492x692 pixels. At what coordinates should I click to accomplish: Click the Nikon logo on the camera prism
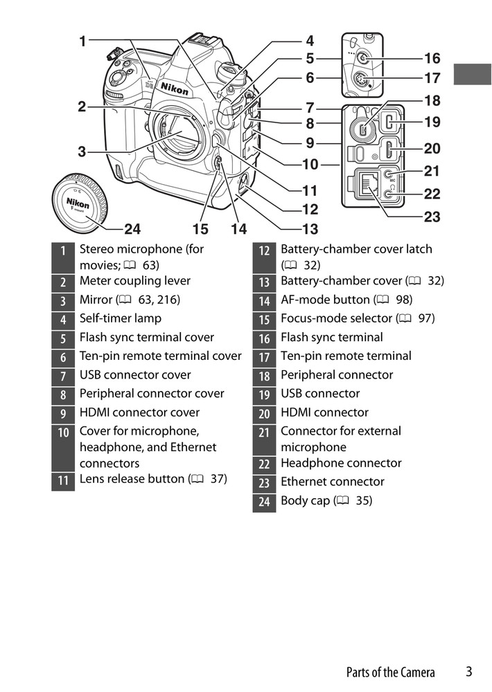(x=173, y=87)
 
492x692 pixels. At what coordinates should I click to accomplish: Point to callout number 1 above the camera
(x=82, y=41)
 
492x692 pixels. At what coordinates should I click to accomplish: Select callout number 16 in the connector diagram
(x=432, y=58)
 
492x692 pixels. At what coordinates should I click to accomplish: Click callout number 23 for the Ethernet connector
(x=432, y=217)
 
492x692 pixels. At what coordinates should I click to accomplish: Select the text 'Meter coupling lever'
(x=134, y=281)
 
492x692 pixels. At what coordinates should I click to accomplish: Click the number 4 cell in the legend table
(x=63, y=319)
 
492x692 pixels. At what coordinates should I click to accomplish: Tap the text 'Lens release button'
(x=132, y=479)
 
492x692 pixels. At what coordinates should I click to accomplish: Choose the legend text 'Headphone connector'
(x=340, y=463)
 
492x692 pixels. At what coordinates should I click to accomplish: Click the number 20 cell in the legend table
(x=264, y=413)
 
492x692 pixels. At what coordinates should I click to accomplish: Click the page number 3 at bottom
(x=469, y=671)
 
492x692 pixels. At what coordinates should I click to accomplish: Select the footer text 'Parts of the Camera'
(x=390, y=672)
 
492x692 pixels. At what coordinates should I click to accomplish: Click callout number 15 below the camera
(x=200, y=228)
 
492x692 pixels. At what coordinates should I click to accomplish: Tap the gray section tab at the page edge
(x=472, y=74)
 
